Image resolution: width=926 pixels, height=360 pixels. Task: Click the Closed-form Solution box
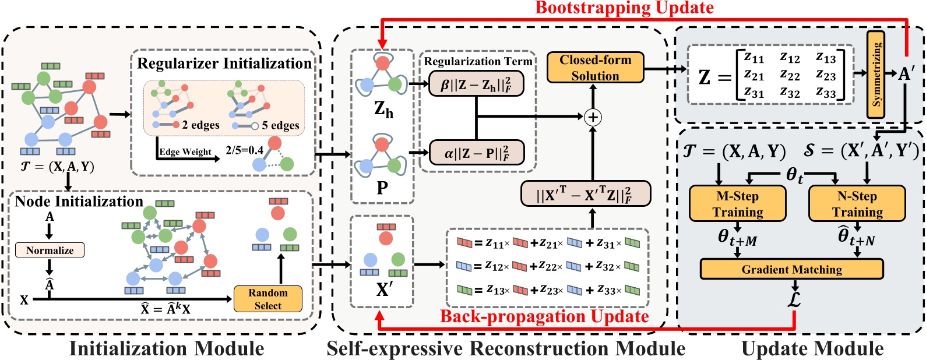[594, 68]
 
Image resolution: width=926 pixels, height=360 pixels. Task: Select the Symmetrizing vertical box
[876, 74]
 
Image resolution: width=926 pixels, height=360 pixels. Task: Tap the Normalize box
[50, 250]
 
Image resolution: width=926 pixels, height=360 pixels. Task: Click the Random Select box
[267, 299]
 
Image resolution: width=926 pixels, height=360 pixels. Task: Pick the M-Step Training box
[737, 204]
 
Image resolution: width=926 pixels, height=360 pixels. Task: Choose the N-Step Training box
[857, 204]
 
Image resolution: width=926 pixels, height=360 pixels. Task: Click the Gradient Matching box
[791, 269]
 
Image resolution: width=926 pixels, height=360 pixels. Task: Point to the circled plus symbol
[593, 117]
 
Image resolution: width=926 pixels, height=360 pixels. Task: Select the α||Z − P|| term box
[476, 153]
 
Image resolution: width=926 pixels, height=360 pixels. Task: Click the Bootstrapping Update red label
[624, 8]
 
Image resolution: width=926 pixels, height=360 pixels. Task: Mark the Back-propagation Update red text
[544, 316]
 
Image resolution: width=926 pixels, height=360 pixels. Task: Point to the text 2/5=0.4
[244, 150]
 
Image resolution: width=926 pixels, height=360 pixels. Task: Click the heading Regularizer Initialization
[224, 63]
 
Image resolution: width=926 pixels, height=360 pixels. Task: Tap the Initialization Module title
[167, 348]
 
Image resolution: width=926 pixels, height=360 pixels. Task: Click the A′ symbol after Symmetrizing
[907, 73]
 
